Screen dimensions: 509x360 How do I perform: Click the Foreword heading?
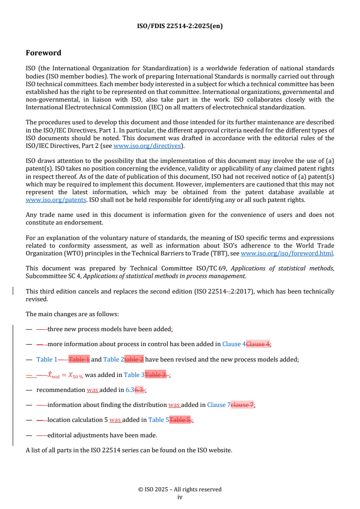click(44, 53)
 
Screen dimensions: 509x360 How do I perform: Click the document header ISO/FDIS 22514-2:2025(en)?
click(180, 26)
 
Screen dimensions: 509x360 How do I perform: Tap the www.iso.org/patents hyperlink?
click(47, 200)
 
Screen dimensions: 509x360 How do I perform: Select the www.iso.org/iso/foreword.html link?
click(287, 254)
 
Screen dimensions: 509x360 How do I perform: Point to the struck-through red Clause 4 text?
click(258, 344)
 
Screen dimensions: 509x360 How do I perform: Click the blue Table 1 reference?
click(47, 360)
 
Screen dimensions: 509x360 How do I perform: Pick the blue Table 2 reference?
click(113, 360)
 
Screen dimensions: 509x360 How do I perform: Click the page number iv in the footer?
click(180, 497)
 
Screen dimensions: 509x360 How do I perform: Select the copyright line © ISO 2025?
click(180, 489)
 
